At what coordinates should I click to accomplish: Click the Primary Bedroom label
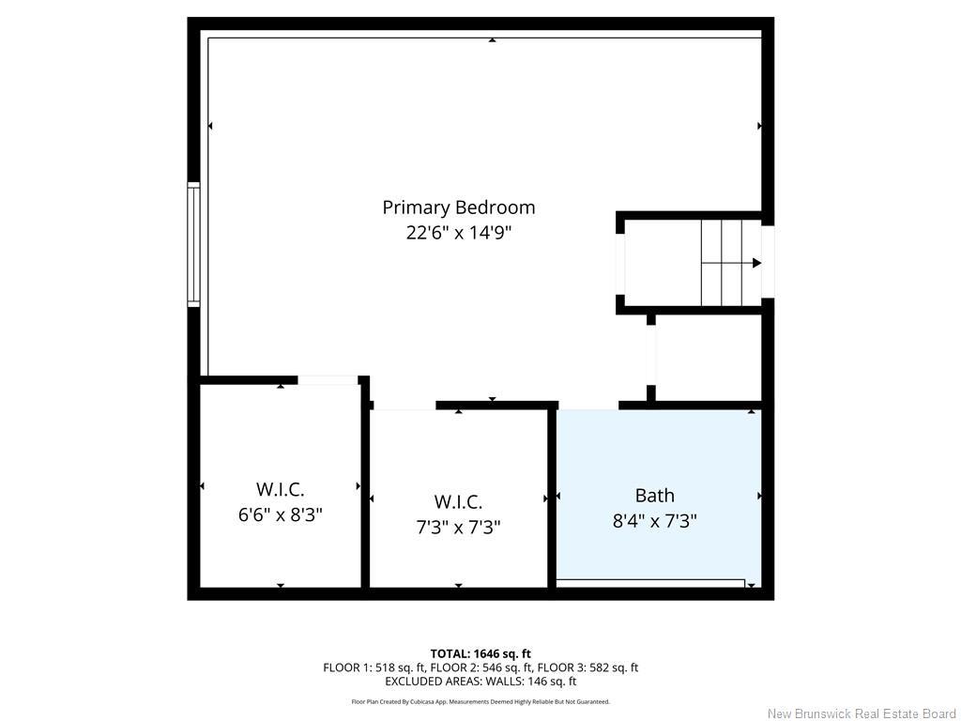click(x=458, y=207)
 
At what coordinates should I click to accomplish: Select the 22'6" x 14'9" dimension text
click(x=458, y=232)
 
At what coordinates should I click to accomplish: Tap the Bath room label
click(x=654, y=496)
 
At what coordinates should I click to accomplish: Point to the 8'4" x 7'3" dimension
click(x=654, y=520)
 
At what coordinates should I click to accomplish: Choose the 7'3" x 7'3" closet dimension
click(x=458, y=527)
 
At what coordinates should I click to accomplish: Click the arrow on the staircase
click(x=756, y=263)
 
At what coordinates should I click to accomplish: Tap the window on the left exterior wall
click(x=194, y=244)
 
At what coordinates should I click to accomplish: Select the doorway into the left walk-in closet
click(x=328, y=380)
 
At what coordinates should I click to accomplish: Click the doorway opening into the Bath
click(x=587, y=407)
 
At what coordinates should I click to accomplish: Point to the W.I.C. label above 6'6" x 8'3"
click(x=280, y=489)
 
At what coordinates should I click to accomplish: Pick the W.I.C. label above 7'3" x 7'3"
click(x=458, y=502)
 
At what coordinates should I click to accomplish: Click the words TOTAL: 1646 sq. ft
click(x=480, y=653)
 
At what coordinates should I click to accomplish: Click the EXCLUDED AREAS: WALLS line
click(x=480, y=682)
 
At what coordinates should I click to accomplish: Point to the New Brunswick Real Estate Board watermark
click(x=862, y=713)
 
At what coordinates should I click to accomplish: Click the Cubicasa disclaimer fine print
click(x=480, y=701)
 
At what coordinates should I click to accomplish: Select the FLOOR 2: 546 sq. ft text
click(x=480, y=667)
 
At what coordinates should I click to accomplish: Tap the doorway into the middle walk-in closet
click(x=404, y=407)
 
